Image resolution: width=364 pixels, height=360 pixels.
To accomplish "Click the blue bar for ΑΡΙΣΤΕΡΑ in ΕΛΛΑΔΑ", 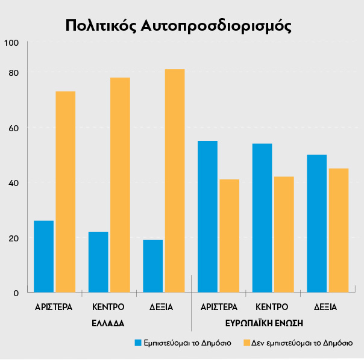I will pos(43,256).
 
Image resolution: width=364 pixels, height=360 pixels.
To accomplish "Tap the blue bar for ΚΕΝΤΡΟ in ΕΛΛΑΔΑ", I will pos(98,262).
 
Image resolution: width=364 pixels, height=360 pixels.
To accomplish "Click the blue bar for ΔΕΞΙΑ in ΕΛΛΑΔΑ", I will pos(152,266).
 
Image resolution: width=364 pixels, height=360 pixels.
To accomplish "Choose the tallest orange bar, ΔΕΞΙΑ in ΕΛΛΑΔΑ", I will pos(175,181).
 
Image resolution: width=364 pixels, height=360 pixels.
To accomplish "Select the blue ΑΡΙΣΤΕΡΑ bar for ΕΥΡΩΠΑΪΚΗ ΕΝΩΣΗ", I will pos(207,217).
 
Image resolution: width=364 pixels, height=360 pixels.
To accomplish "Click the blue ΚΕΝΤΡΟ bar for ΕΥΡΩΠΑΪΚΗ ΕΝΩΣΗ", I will pos(262,218).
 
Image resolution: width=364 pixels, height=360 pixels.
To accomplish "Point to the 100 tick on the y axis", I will pos(11,43).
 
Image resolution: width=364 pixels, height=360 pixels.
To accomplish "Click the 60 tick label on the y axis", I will pos(13,128).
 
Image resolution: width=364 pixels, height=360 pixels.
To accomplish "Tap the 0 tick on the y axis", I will pos(16,293).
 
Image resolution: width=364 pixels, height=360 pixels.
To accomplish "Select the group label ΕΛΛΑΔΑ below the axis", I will pos(108,323).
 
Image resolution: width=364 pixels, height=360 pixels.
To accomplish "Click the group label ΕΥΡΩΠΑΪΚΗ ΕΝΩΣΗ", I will pos(269,323).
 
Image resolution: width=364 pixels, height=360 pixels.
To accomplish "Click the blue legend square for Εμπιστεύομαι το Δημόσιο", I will pos(138,343).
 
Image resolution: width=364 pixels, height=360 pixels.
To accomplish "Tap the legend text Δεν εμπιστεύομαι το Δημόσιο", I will pos(302,343).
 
